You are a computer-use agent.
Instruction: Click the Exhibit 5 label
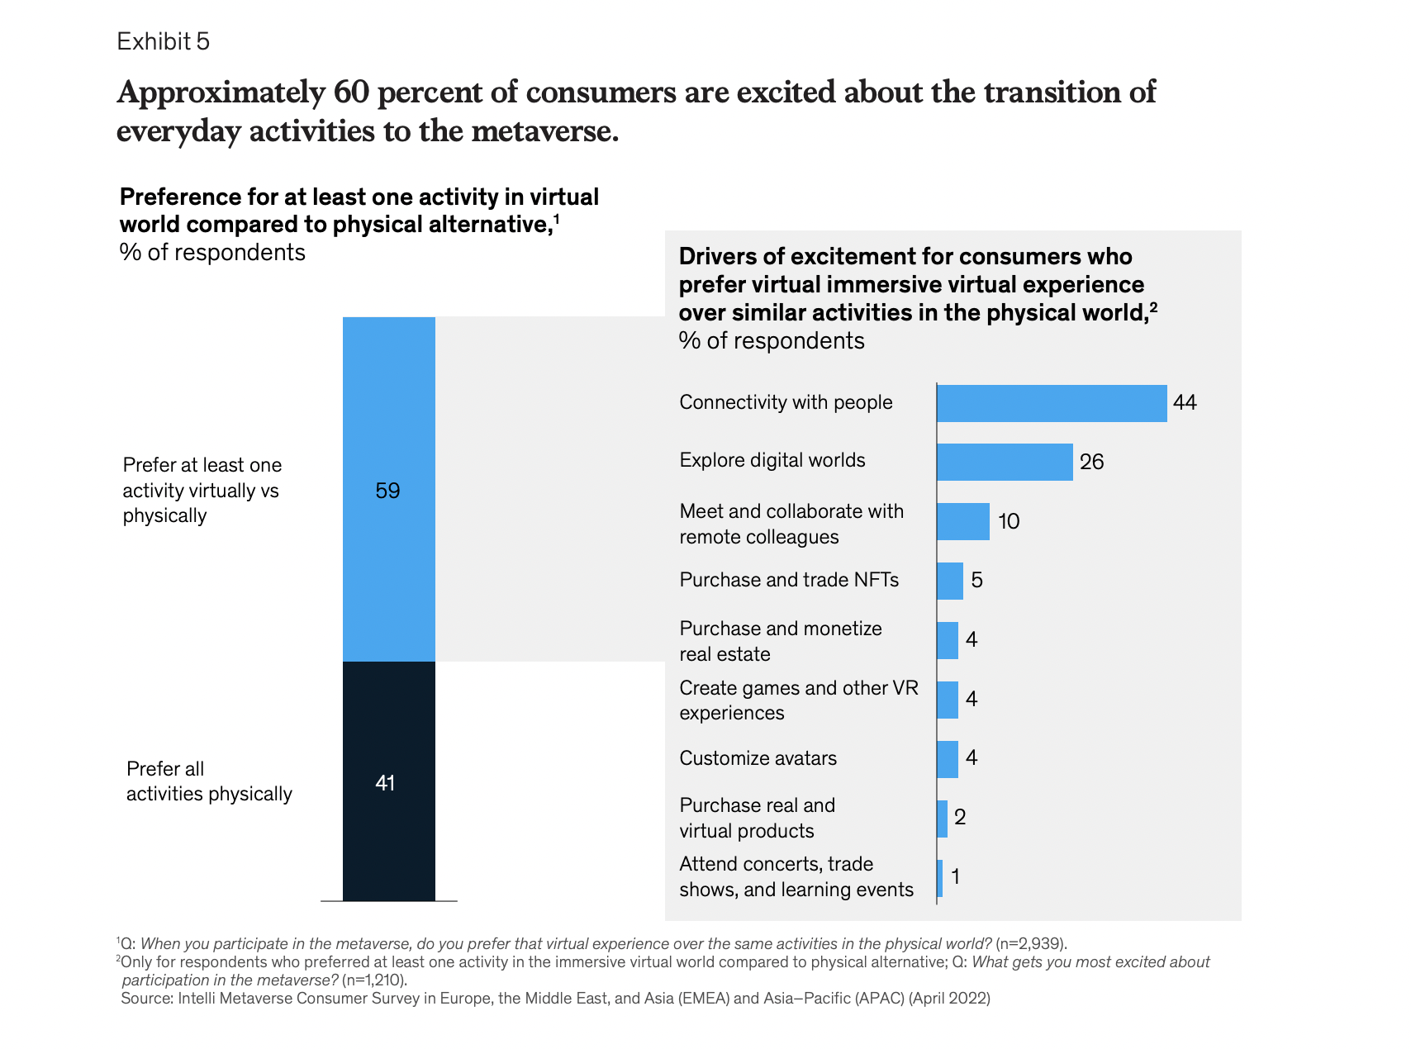[164, 41]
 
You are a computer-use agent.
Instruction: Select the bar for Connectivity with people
[1052, 403]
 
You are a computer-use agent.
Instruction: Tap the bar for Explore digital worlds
[1005, 462]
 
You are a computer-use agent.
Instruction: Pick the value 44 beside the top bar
[1185, 403]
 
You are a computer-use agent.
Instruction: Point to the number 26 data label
[1091, 462]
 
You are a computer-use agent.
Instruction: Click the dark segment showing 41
[388, 781]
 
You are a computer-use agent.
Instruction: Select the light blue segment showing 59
[388, 490]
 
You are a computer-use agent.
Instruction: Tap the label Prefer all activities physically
[209, 781]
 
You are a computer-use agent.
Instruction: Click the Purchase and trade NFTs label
[789, 580]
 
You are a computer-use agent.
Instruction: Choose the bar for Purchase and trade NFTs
[950, 581]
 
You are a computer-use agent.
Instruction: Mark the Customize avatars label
[758, 758]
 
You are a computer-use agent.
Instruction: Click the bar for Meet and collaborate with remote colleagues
[963, 521]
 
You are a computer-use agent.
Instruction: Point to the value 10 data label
[1009, 521]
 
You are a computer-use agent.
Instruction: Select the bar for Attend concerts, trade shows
[940, 878]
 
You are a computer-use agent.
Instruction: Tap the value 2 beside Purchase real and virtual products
[960, 818]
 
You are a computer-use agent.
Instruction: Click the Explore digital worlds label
[772, 460]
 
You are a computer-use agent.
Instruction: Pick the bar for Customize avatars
[948, 759]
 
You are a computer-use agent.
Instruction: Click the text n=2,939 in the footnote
[1030, 944]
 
